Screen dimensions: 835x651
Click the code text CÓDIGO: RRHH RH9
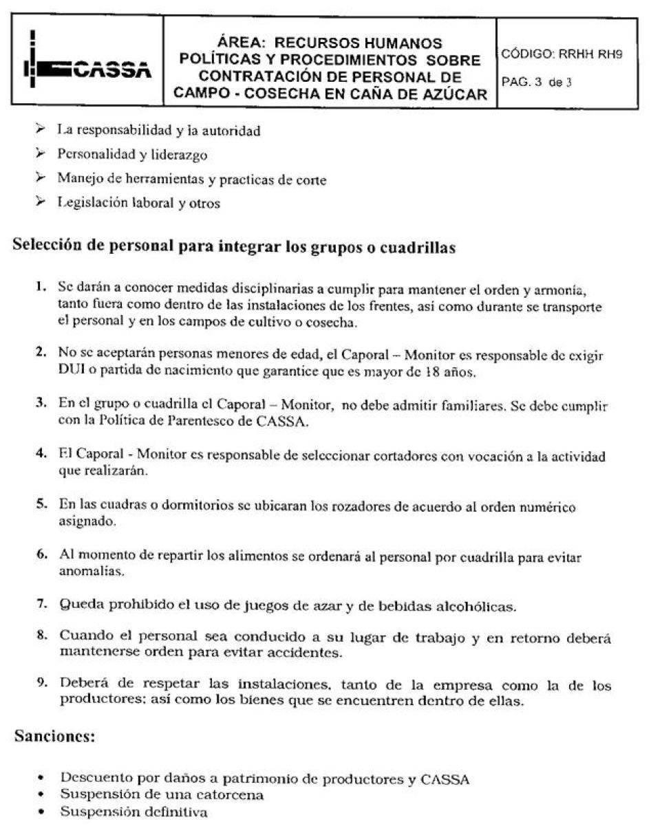(562, 54)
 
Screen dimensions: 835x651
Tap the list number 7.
(42, 605)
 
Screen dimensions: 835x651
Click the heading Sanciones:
(53, 737)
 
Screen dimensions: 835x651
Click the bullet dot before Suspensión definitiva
(41, 812)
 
